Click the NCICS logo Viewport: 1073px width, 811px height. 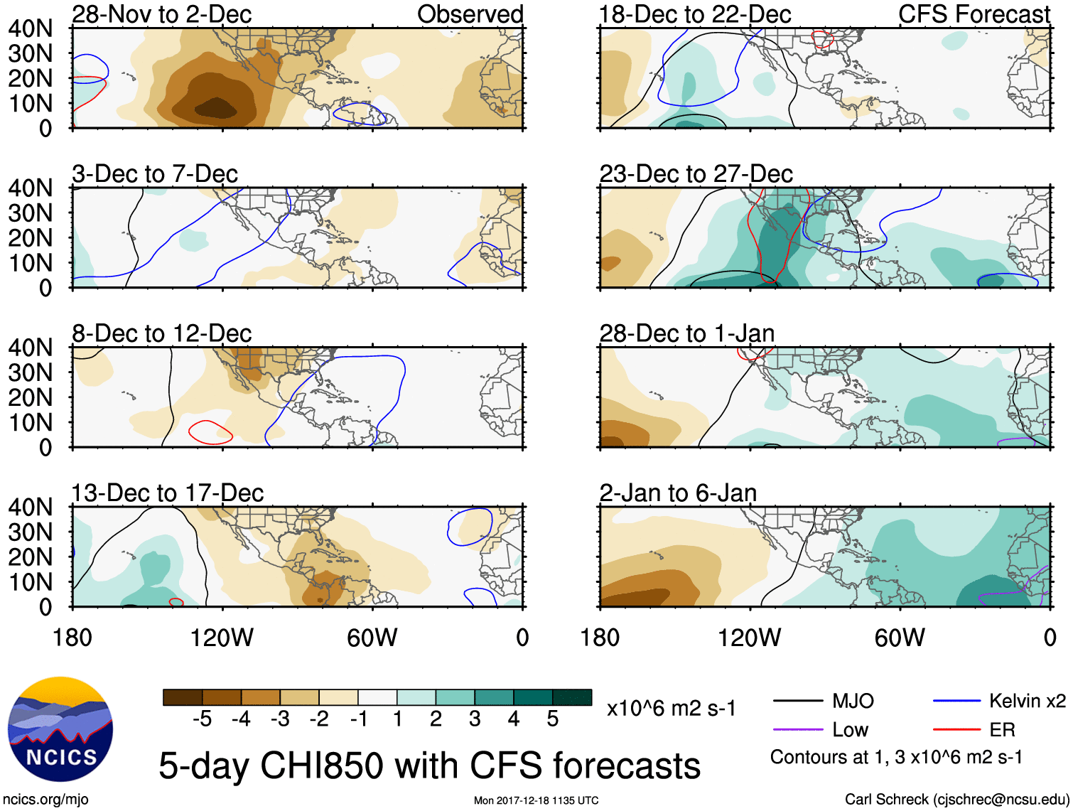60,729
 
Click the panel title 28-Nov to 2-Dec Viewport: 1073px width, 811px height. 161,14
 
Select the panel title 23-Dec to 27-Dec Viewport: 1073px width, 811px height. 696,174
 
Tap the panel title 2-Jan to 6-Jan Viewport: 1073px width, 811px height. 678,493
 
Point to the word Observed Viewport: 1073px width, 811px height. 470,14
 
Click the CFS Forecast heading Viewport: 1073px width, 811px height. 974,14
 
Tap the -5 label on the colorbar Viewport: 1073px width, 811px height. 202,719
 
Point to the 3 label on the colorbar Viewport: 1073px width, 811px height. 475,719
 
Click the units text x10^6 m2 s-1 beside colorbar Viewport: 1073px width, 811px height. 671,709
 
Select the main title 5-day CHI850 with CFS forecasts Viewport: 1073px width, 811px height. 429,766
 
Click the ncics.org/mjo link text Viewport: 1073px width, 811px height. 45,800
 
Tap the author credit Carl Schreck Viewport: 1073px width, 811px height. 956,800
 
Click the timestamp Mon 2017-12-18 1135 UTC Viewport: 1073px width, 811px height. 536,801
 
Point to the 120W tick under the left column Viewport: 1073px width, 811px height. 222,638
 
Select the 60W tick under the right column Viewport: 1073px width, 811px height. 900,638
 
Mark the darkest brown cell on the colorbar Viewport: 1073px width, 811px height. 183,697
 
